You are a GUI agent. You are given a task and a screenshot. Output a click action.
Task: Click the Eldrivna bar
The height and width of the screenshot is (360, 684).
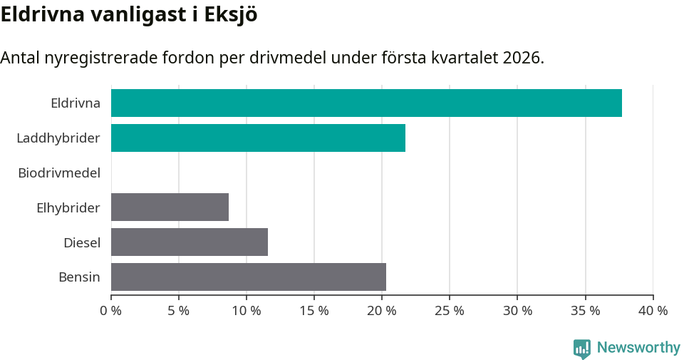[x=366, y=103]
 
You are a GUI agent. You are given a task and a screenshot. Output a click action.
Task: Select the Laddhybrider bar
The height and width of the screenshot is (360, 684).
[x=258, y=138]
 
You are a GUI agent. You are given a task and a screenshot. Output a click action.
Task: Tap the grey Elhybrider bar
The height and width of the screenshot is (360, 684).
[x=170, y=207]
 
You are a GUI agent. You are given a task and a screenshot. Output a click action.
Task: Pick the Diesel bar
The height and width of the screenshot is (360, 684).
[x=190, y=242]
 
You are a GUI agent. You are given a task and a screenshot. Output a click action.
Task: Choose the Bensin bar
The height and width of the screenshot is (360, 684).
[x=249, y=277]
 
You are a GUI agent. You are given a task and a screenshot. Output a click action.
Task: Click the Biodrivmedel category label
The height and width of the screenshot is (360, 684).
[x=59, y=173]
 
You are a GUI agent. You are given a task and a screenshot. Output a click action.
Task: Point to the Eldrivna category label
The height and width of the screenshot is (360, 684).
[x=76, y=103]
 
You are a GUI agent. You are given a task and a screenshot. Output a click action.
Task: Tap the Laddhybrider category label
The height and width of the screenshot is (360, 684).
[x=58, y=138]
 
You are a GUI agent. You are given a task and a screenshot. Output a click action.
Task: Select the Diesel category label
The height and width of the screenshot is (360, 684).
[x=82, y=242]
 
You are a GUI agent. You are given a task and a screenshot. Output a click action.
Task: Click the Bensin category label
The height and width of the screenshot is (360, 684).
[x=79, y=277]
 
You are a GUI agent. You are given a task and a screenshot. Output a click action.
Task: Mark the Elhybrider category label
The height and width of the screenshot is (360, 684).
[x=68, y=207]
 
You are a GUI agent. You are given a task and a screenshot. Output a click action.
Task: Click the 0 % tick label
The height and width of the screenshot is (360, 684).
[x=111, y=311]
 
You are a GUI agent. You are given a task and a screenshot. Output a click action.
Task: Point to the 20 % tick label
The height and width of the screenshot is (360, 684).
[x=382, y=311]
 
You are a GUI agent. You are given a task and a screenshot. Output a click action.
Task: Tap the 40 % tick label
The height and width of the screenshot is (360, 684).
[x=653, y=311]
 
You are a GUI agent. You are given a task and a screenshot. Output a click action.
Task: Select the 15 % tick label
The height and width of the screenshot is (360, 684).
[x=314, y=311]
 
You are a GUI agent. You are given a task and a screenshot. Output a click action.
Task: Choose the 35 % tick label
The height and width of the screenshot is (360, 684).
[x=585, y=311]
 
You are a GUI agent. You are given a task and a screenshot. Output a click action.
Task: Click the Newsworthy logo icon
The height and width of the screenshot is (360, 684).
[x=581, y=348]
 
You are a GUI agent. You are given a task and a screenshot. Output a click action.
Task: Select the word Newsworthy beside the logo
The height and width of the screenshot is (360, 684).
[x=638, y=348]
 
